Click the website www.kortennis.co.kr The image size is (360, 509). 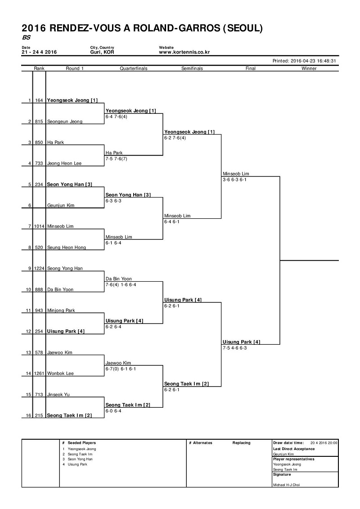(184, 52)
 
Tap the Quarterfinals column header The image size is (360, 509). (133, 68)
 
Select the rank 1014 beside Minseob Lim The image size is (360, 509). (39, 226)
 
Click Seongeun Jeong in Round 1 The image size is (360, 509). (65, 122)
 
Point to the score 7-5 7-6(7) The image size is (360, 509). (116, 159)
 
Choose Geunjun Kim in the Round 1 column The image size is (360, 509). (61, 205)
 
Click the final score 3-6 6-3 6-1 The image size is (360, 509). (234, 180)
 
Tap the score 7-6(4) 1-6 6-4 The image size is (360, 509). (121, 285)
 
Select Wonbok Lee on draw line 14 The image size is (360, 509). (60, 373)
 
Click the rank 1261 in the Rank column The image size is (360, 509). (39, 373)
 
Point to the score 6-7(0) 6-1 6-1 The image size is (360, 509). (121, 369)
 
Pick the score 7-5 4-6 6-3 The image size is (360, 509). (234, 348)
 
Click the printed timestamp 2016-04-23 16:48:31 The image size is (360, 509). (304, 61)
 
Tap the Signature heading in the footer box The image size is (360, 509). (282, 475)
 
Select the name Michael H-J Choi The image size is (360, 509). (286, 485)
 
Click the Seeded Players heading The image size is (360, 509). (82, 443)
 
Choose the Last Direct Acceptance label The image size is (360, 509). (294, 449)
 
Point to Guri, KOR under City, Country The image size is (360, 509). (102, 52)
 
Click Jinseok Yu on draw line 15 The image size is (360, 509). (58, 394)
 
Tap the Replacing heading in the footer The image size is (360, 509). (241, 443)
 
